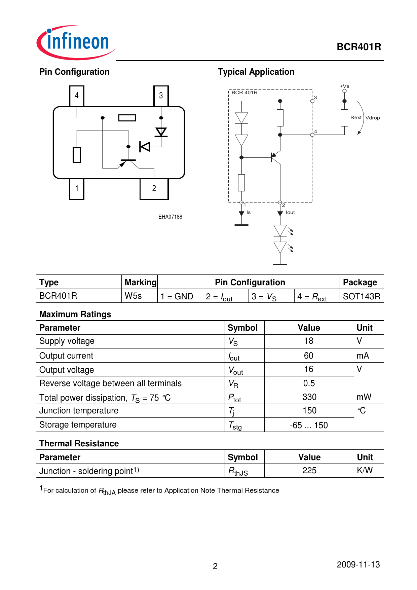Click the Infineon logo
(76, 42)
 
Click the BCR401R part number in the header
(359, 47)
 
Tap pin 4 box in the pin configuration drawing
(77, 96)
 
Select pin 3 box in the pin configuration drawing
(161, 96)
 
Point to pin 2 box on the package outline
(154, 188)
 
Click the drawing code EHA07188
(170, 217)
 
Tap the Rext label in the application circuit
(356, 117)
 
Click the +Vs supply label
(344, 86)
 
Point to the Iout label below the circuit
(290, 212)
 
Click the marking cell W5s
(133, 296)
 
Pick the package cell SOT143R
(362, 296)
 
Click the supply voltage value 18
(309, 341)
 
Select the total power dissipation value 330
(309, 397)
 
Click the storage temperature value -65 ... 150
(309, 425)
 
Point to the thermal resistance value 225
(309, 471)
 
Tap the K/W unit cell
(365, 471)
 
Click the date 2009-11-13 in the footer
(358, 564)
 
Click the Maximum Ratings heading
(75, 314)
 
